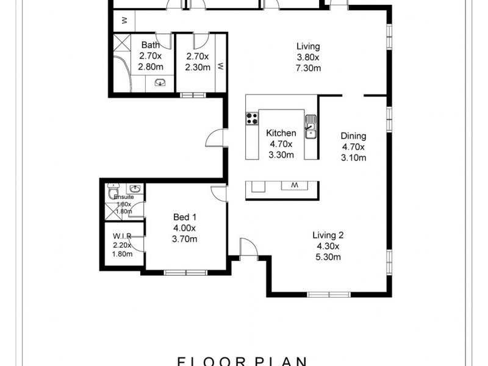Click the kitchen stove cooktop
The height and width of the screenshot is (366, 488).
(x=251, y=118)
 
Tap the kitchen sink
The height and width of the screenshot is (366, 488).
(x=310, y=125)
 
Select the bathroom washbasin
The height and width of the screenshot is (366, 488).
(x=161, y=83)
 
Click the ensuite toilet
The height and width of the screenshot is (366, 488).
(x=112, y=193)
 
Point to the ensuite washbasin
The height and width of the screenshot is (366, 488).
(x=135, y=188)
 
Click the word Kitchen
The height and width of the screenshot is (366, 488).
(x=281, y=133)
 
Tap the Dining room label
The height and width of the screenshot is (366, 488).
(x=353, y=136)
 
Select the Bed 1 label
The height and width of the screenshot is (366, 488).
(x=185, y=217)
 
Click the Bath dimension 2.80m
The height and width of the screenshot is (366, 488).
(x=151, y=66)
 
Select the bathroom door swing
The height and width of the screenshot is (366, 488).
(x=162, y=39)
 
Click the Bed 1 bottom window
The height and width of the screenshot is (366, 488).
(x=183, y=271)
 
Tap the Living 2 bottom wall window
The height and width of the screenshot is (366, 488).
(x=329, y=295)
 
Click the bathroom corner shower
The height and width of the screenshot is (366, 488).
(x=120, y=44)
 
